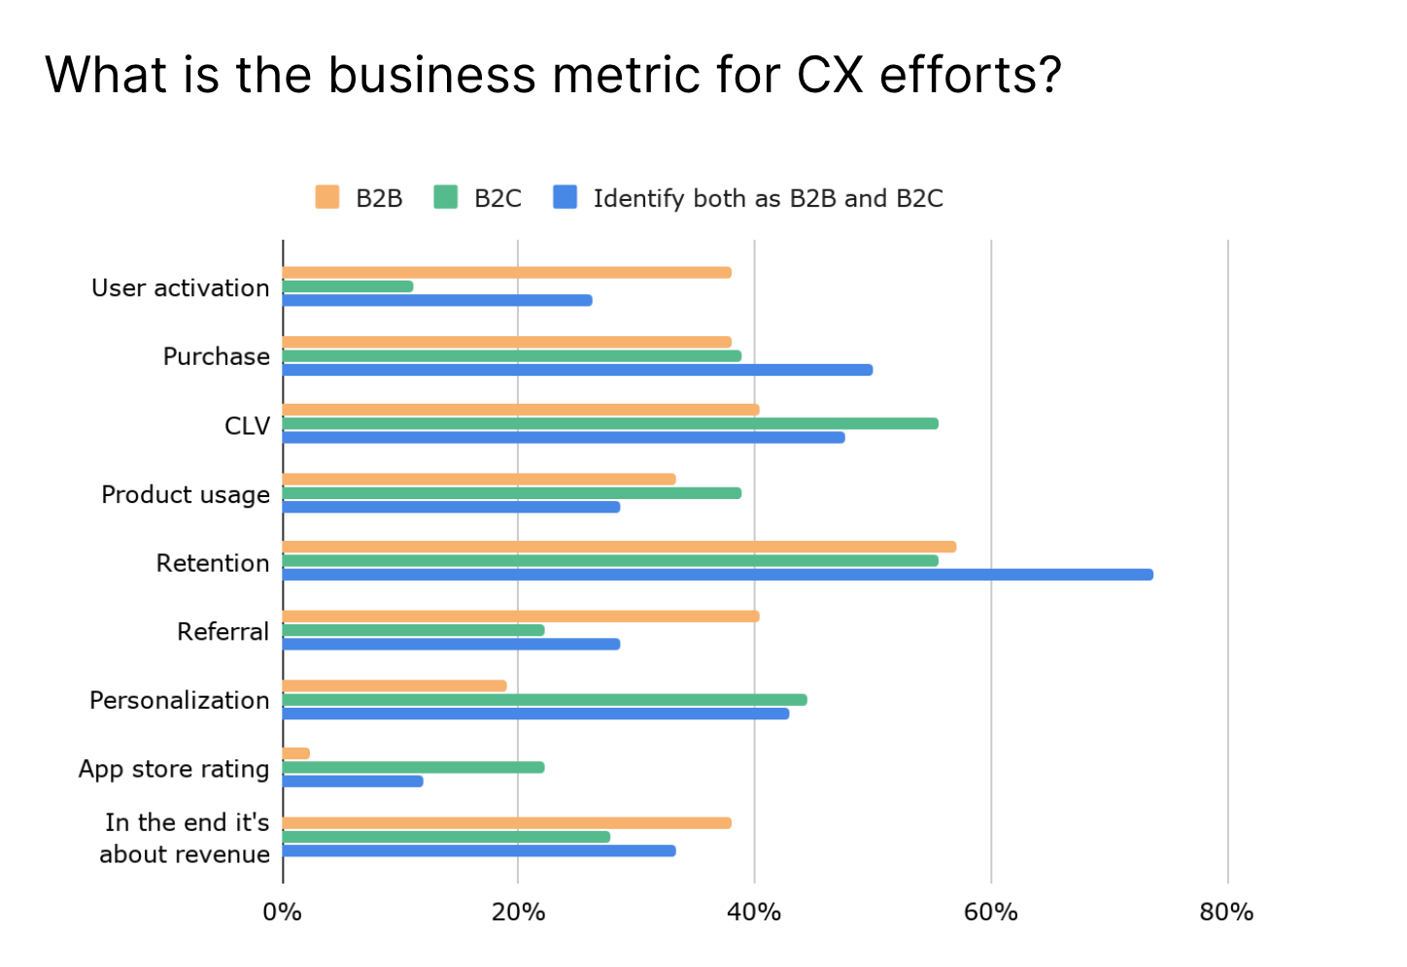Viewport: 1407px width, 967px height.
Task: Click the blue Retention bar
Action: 717,575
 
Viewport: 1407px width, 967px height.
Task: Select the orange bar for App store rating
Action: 296,753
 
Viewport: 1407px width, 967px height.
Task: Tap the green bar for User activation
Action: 348,286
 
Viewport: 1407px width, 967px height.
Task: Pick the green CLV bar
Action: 610,423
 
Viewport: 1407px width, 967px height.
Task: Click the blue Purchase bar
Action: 577,370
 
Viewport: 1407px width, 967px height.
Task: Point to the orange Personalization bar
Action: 395,685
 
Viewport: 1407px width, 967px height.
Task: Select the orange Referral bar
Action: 521,617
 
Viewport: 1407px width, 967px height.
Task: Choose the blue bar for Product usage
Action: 451,507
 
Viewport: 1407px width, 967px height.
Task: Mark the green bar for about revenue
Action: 446,837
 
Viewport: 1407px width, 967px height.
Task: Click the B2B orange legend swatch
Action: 327,197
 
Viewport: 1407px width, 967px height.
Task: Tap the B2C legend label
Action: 498,198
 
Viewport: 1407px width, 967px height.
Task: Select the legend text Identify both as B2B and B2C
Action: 768,198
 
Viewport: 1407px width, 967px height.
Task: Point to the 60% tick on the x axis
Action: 990,913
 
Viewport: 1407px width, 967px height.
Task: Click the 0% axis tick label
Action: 282,913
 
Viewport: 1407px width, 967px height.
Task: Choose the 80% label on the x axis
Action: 1226,913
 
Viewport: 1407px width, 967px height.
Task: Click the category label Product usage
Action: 186,494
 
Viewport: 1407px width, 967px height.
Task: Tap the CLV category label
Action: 247,426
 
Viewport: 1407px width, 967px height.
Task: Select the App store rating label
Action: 174,769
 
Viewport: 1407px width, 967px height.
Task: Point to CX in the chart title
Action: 830,75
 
